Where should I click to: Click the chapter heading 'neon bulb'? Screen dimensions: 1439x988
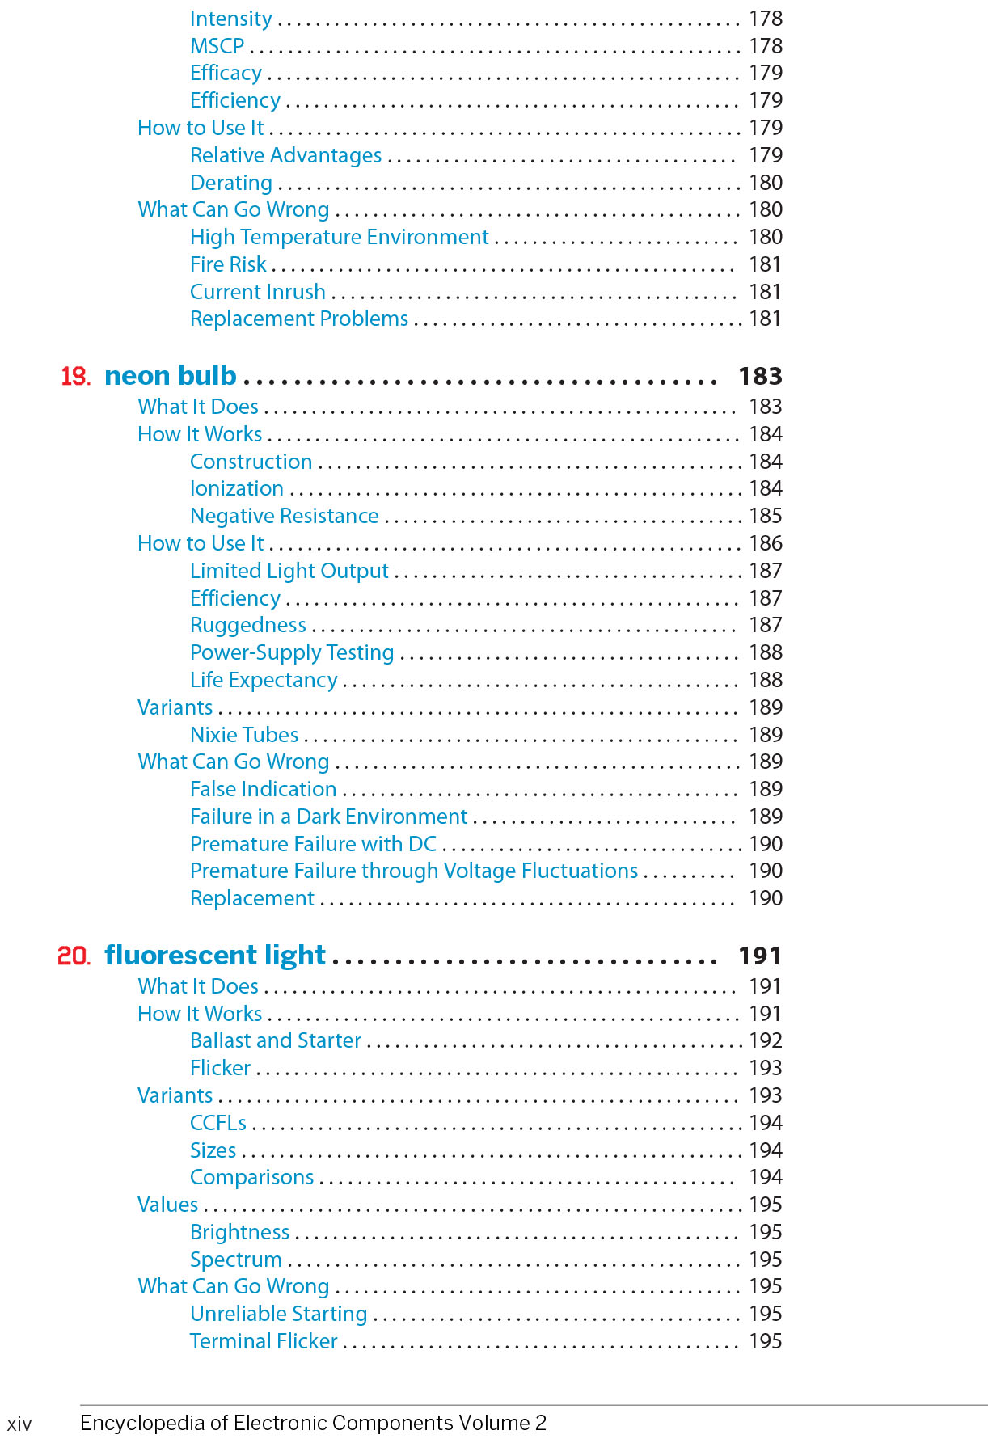click(170, 376)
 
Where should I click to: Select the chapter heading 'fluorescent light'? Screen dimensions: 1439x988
click(215, 956)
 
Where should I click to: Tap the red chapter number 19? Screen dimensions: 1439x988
click(75, 377)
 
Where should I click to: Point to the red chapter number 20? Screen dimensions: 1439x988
click(74, 956)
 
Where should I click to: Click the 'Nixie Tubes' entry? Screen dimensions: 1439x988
click(244, 735)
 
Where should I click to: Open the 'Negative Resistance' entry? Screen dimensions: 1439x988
click(284, 516)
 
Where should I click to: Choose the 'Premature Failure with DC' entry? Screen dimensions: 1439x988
click(313, 844)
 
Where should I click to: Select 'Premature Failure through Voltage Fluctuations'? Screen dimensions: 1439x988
click(414, 871)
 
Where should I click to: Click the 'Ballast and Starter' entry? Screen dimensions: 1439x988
click(275, 1040)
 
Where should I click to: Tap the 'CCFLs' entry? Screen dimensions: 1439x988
click(218, 1123)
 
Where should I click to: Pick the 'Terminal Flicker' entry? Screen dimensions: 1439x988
click(264, 1341)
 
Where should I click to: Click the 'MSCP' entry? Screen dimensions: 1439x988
click(217, 46)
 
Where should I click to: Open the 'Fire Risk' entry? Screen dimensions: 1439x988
click(228, 264)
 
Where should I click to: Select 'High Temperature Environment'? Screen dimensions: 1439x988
click(339, 237)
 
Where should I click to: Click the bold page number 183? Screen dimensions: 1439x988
click(760, 376)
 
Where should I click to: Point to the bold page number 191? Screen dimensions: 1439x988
click(760, 956)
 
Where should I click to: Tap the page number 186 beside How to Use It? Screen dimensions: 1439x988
click(765, 543)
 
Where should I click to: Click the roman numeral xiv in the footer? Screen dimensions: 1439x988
click(19, 1424)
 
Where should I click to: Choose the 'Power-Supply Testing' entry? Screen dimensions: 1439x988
click(292, 652)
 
